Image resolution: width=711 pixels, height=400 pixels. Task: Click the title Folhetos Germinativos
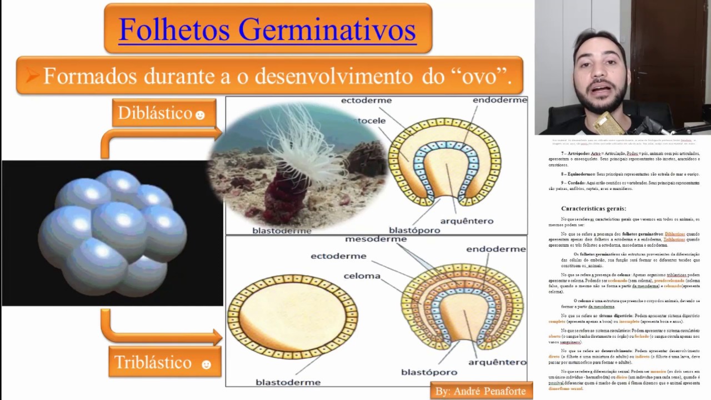(267, 29)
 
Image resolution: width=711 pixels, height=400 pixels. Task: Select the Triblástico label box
(161, 362)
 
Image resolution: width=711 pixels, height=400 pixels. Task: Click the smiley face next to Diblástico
(201, 115)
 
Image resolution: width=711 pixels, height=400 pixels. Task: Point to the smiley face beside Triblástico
(206, 364)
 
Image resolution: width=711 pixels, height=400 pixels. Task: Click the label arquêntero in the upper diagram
(467, 221)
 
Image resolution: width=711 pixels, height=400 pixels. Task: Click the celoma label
(362, 276)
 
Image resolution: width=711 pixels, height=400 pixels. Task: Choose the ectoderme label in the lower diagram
(338, 256)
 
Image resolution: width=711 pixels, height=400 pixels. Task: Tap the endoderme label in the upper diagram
(499, 101)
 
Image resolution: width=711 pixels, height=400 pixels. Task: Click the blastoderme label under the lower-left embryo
(288, 382)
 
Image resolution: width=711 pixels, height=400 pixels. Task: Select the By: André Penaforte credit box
(481, 391)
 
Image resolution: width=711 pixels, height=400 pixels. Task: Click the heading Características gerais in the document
(593, 208)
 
